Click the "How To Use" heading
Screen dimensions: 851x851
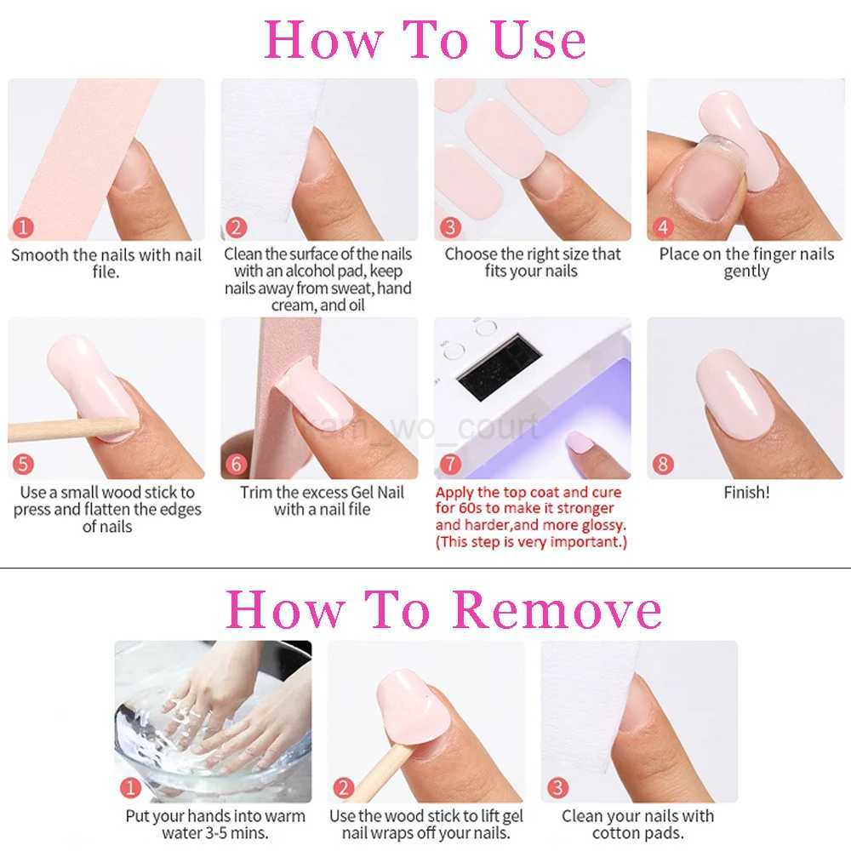click(425, 39)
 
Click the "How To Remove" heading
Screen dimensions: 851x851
click(443, 609)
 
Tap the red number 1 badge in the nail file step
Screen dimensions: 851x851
click(24, 227)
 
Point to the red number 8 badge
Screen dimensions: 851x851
click(662, 465)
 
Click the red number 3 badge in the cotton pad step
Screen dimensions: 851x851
click(557, 788)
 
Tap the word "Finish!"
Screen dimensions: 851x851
click(746, 493)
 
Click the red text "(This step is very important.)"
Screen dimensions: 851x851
click(530, 543)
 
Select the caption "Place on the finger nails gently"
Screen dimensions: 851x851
click(746, 263)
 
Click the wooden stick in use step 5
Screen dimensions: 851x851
click(68, 426)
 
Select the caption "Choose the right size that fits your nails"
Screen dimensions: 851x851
click(533, 263)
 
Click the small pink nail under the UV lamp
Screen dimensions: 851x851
click(580, 441)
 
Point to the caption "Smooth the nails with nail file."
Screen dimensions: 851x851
click(106, 263)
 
